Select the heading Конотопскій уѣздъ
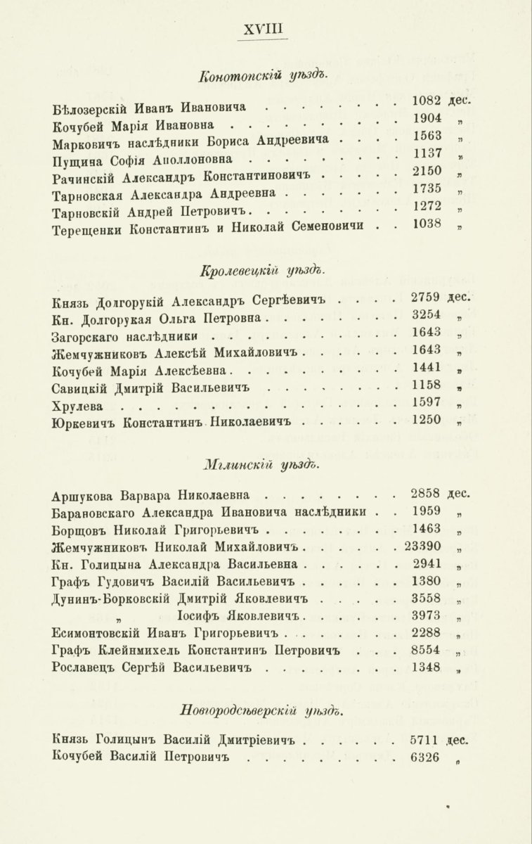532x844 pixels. click(264, 76)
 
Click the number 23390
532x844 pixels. click(423, 545)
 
